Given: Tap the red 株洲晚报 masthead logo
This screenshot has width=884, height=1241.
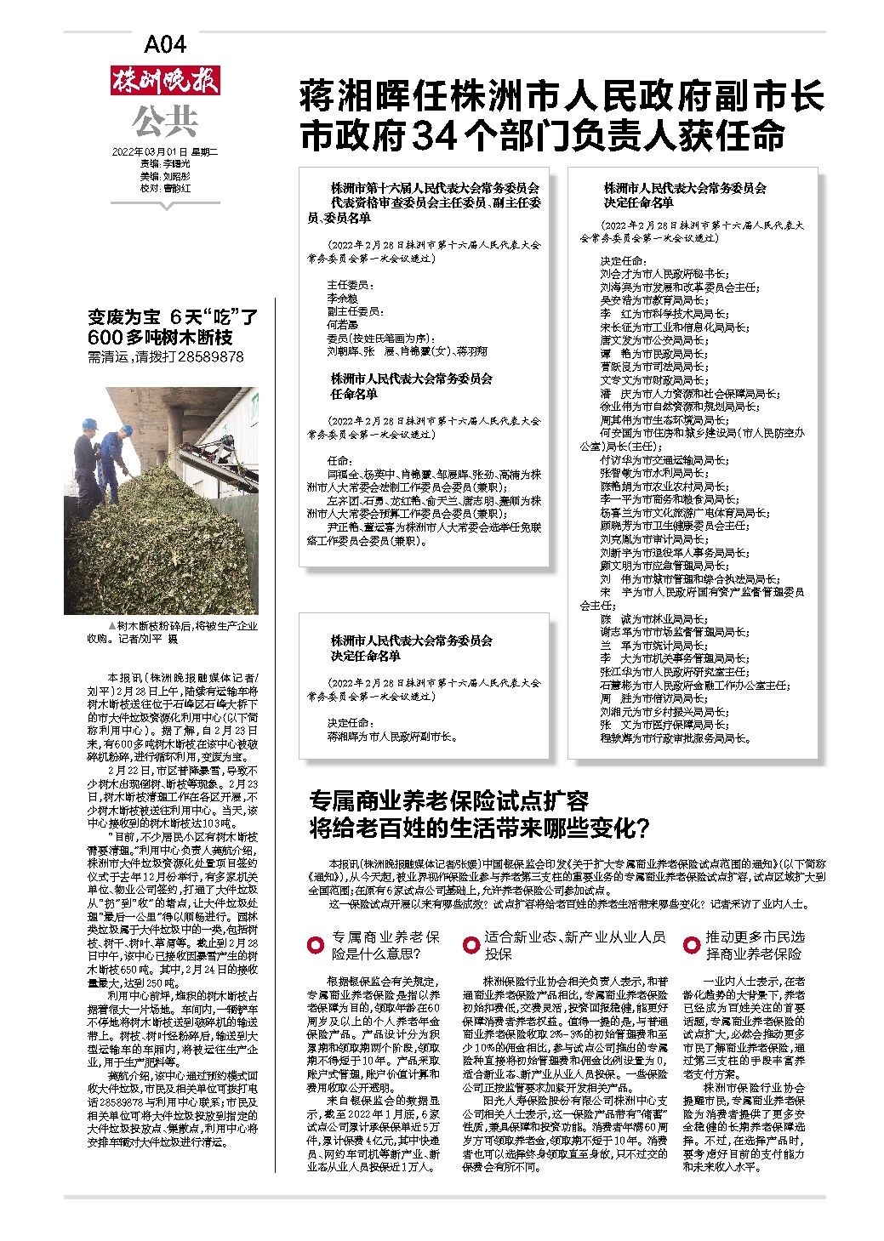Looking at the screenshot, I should (x=164, y=82).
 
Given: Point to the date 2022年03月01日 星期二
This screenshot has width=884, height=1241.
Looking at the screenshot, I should (x=165, y=151).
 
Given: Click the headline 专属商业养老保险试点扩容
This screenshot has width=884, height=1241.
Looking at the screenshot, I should (x=449, y=801).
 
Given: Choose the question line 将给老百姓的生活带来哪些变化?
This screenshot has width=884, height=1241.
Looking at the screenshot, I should (x=480, y=826).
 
